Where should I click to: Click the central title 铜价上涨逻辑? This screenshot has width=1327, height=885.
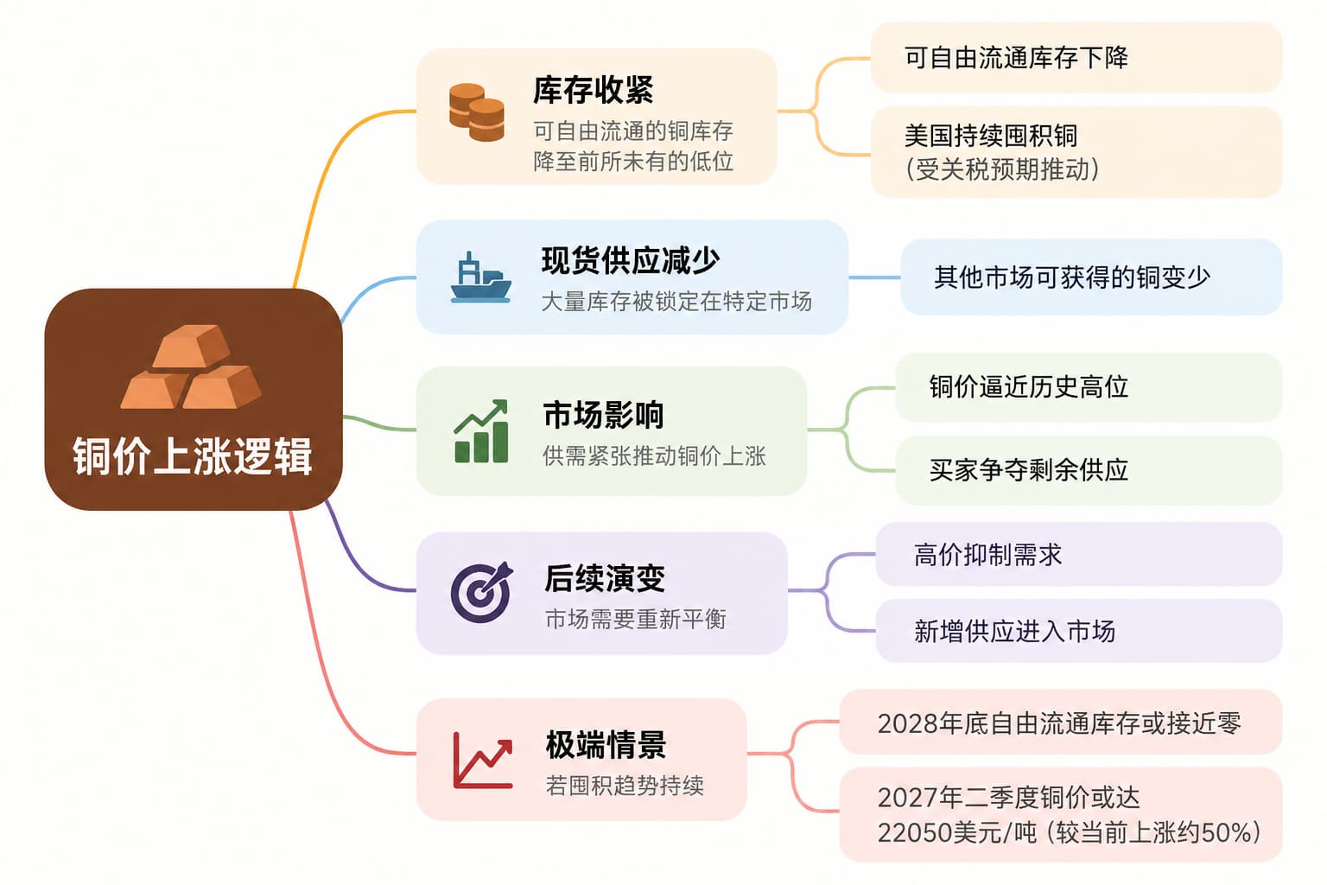click(193, 456)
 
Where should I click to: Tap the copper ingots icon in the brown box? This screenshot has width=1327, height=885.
click(191, 366)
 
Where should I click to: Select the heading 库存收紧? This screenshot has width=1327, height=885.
click(593, 90)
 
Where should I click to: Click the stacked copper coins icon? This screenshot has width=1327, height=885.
click(476, 112)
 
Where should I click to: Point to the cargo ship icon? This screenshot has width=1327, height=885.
click(480, 277)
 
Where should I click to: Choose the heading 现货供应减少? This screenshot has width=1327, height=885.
click(631, 261)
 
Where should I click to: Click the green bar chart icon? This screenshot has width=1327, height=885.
click(481, 431)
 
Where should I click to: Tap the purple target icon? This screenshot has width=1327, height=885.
click(481, 591)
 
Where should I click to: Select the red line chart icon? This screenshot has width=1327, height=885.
click(482, 761)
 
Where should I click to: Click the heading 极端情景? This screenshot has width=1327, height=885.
click(606, 745)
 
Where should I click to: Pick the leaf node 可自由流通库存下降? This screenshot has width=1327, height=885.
click(1016, 58)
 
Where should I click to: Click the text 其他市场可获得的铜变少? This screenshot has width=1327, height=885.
click(1071, 277)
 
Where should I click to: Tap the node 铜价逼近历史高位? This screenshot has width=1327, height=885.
click(1028, 387)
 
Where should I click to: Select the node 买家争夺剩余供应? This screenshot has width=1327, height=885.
click(1028, 470)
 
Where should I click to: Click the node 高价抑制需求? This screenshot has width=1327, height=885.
click(987, 555)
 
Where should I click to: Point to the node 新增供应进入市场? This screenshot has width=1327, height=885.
click(1014, 631)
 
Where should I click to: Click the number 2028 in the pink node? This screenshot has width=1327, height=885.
click(907, 723)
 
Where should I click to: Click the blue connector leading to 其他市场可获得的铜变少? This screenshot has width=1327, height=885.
click(874, 277)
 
